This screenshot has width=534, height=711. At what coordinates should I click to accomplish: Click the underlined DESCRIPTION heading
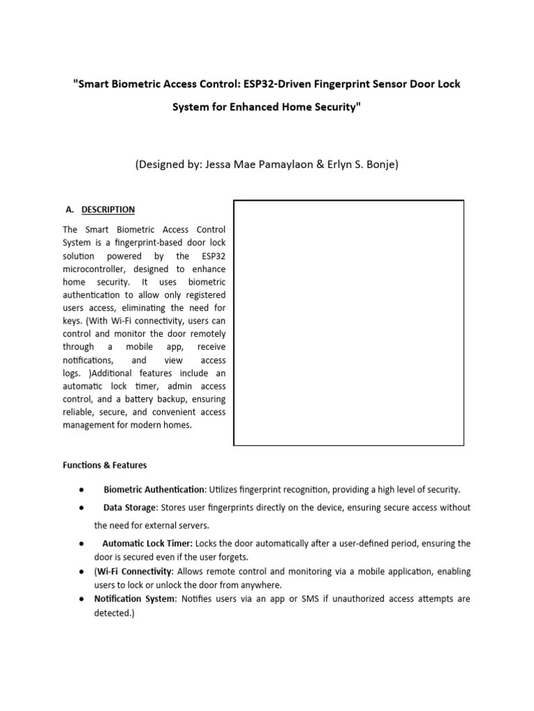108,210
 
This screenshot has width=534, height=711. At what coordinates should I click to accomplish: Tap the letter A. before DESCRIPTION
69,210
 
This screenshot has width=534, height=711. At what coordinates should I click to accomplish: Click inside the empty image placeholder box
348,322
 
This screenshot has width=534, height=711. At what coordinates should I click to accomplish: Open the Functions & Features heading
104,465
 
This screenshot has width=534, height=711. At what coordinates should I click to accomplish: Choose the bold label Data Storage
130,508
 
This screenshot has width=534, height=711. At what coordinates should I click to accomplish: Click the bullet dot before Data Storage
82,508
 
